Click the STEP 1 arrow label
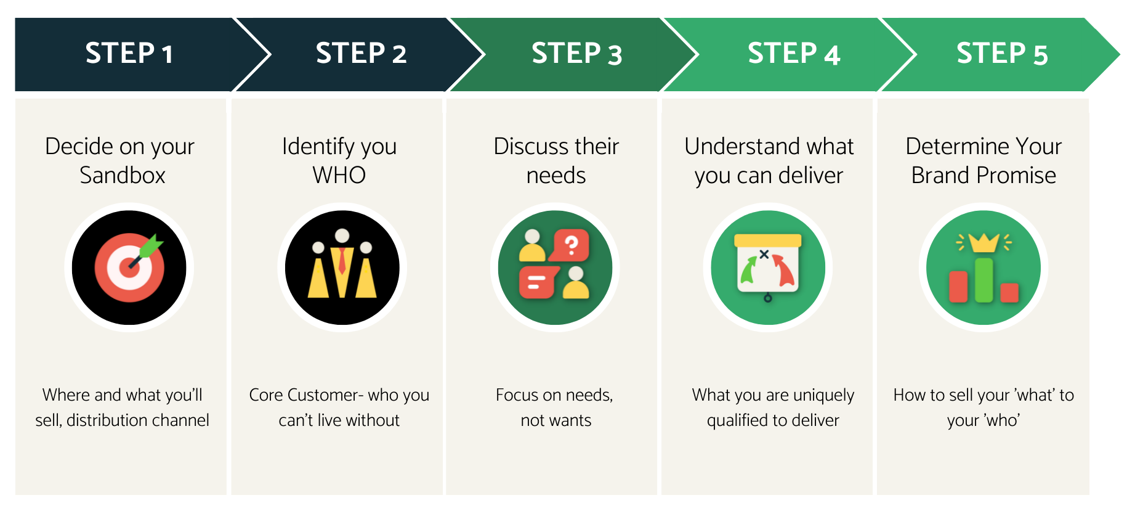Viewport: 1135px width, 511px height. point(129,54)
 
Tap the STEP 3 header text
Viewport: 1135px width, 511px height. point(576,54)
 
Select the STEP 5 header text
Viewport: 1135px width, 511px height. point(1001,54)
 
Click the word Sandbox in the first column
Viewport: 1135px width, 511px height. point(123,176)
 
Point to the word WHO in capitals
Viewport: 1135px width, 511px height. point(339,176)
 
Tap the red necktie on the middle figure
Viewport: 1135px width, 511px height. point(342,261)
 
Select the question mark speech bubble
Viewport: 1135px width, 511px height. point(571,245)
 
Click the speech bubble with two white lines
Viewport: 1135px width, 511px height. point(538,283)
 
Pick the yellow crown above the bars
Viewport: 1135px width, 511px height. point(984,243)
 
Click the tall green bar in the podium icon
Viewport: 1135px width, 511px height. point(984,280)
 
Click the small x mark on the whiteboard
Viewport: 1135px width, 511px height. point(764,254)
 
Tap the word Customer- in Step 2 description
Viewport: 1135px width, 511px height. point(324,395)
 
